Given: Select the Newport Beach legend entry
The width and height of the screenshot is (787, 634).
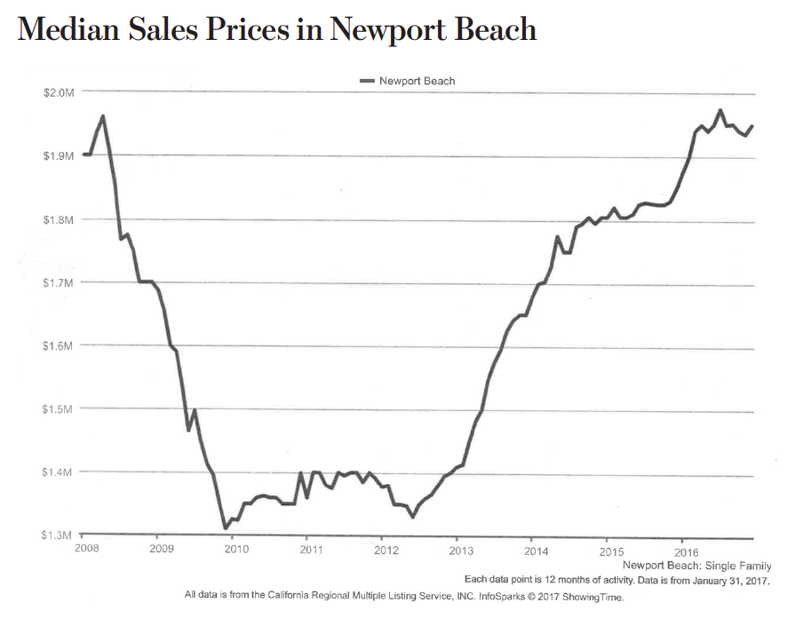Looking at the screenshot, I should [408, 81].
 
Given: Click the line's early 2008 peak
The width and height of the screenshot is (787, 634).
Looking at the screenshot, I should [103, 116].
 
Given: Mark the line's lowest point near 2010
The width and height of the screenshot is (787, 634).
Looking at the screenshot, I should [226, 528].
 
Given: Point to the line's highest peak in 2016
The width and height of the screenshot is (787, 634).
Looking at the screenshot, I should [719, 111].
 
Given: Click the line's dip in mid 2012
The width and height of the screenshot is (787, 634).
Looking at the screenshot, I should [413, 516].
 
